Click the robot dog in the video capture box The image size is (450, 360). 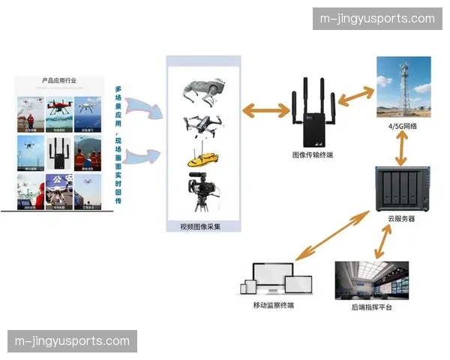pos(202,91)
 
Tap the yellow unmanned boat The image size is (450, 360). pos(202,160)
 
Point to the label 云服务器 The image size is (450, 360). pos(400,219)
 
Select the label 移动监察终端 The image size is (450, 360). pos(274,305)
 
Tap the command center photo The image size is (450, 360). pos(372,280)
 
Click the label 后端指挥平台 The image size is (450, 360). pos(371,307)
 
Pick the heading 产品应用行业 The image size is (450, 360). pos(59,79)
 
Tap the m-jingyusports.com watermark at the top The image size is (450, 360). pos(376,19)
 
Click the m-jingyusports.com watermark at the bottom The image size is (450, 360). pos(72,341)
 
